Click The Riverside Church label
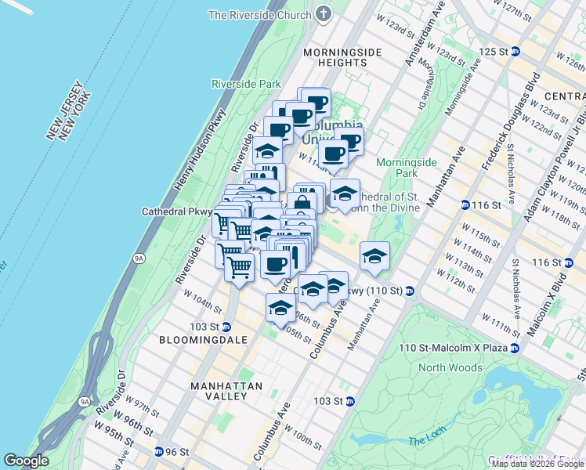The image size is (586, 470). click(260, 15)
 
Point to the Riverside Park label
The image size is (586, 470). click(246, 84)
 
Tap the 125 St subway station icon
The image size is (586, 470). click(515, 51)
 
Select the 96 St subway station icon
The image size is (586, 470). click(159, 452)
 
